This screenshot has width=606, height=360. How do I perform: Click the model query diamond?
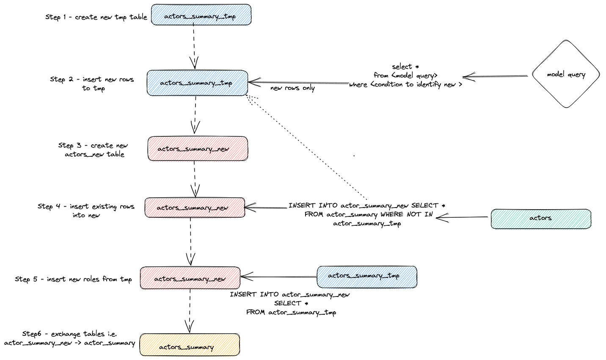(565, 74)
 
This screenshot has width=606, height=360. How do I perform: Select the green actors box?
(540, 219)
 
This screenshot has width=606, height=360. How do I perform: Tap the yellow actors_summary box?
(190, 345)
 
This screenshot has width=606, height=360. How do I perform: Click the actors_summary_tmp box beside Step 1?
(201, 15)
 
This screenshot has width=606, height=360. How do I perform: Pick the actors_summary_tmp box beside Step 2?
(197, 83)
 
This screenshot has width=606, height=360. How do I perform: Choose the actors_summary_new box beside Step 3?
(198, 149)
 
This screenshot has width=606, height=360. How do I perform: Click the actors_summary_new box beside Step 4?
(195, 208)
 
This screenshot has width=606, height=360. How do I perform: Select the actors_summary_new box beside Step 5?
(190, 278)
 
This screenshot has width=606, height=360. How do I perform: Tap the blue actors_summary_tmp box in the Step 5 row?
(366, 277)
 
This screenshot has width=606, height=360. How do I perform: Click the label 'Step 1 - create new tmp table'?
(96, 17)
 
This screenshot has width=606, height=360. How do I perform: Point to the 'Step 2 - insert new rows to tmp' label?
(92, 83)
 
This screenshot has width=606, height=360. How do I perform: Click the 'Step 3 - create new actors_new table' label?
(94, 150)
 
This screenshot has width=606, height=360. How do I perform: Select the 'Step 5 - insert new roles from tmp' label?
(73, 279)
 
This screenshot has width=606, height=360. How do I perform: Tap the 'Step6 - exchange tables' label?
(69, 338)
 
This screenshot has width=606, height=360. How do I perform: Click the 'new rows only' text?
(292, 88)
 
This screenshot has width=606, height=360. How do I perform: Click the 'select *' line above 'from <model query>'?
(405, 66)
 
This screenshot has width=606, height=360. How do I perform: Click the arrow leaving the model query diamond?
(495, 77)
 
